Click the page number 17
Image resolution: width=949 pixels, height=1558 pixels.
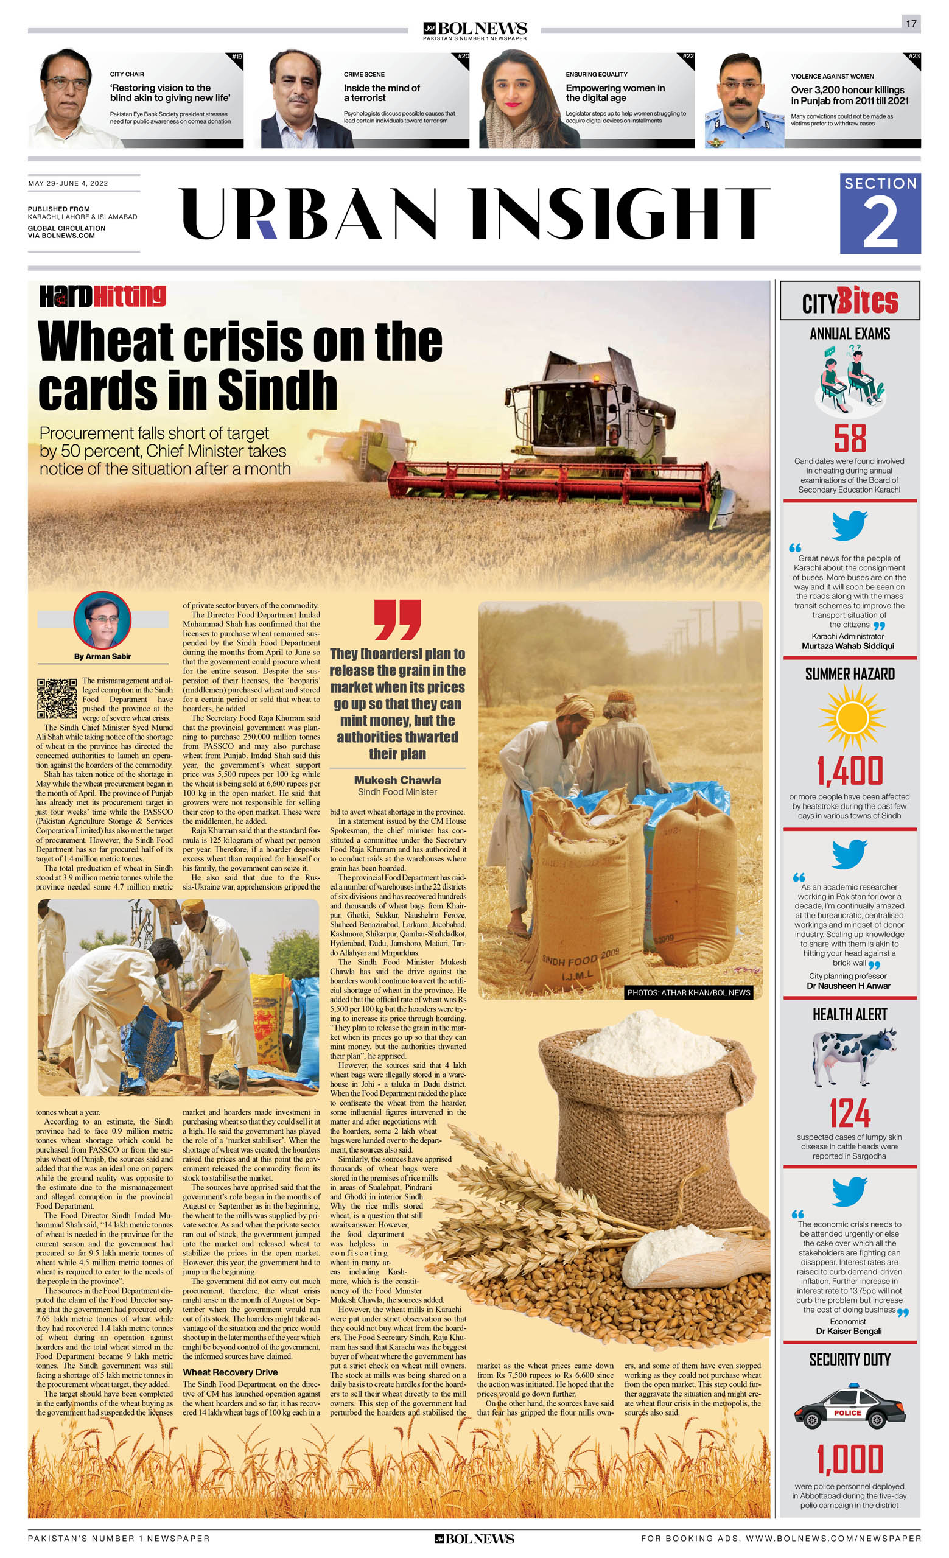coord(911,24)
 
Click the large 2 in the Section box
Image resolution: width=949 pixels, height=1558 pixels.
coord(880,223)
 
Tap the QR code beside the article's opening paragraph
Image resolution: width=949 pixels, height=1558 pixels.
coord(57,698)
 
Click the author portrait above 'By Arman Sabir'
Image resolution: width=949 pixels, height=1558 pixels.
coord(102,620)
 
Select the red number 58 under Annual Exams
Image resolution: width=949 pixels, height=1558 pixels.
coord(849,438)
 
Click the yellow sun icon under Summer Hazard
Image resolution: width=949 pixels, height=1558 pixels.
coord(850,717)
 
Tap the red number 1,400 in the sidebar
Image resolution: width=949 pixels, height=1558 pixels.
coord(850,770)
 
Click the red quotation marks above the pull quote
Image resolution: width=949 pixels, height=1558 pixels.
coord(397,620)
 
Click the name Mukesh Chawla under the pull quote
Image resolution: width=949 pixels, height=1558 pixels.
coord(397,781)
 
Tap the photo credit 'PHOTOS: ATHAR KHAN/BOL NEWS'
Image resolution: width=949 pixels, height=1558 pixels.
coord(688,993)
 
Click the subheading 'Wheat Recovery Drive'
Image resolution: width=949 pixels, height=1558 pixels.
coord(230,1372)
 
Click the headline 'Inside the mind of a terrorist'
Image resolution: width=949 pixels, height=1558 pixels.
coord(381,93)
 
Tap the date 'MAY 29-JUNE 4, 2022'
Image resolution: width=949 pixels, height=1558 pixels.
coord(68,183)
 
